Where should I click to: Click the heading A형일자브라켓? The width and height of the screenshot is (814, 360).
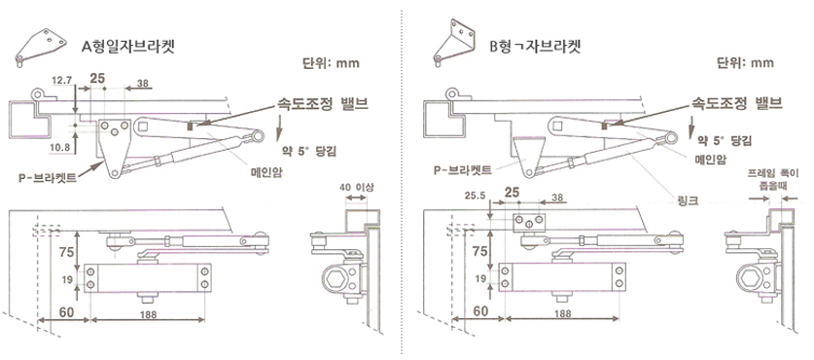pos(127,47)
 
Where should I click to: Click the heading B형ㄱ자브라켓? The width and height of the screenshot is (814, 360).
pos(535,47)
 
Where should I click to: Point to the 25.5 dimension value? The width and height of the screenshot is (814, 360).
pos(476,197)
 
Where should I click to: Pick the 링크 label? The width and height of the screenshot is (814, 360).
pos(687,198)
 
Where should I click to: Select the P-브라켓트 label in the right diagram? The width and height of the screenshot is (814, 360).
pos(462,169)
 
